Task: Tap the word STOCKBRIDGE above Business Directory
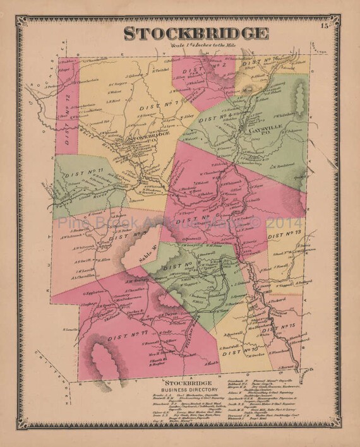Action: tap(183, 383)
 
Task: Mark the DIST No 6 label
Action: tap(193, 220)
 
